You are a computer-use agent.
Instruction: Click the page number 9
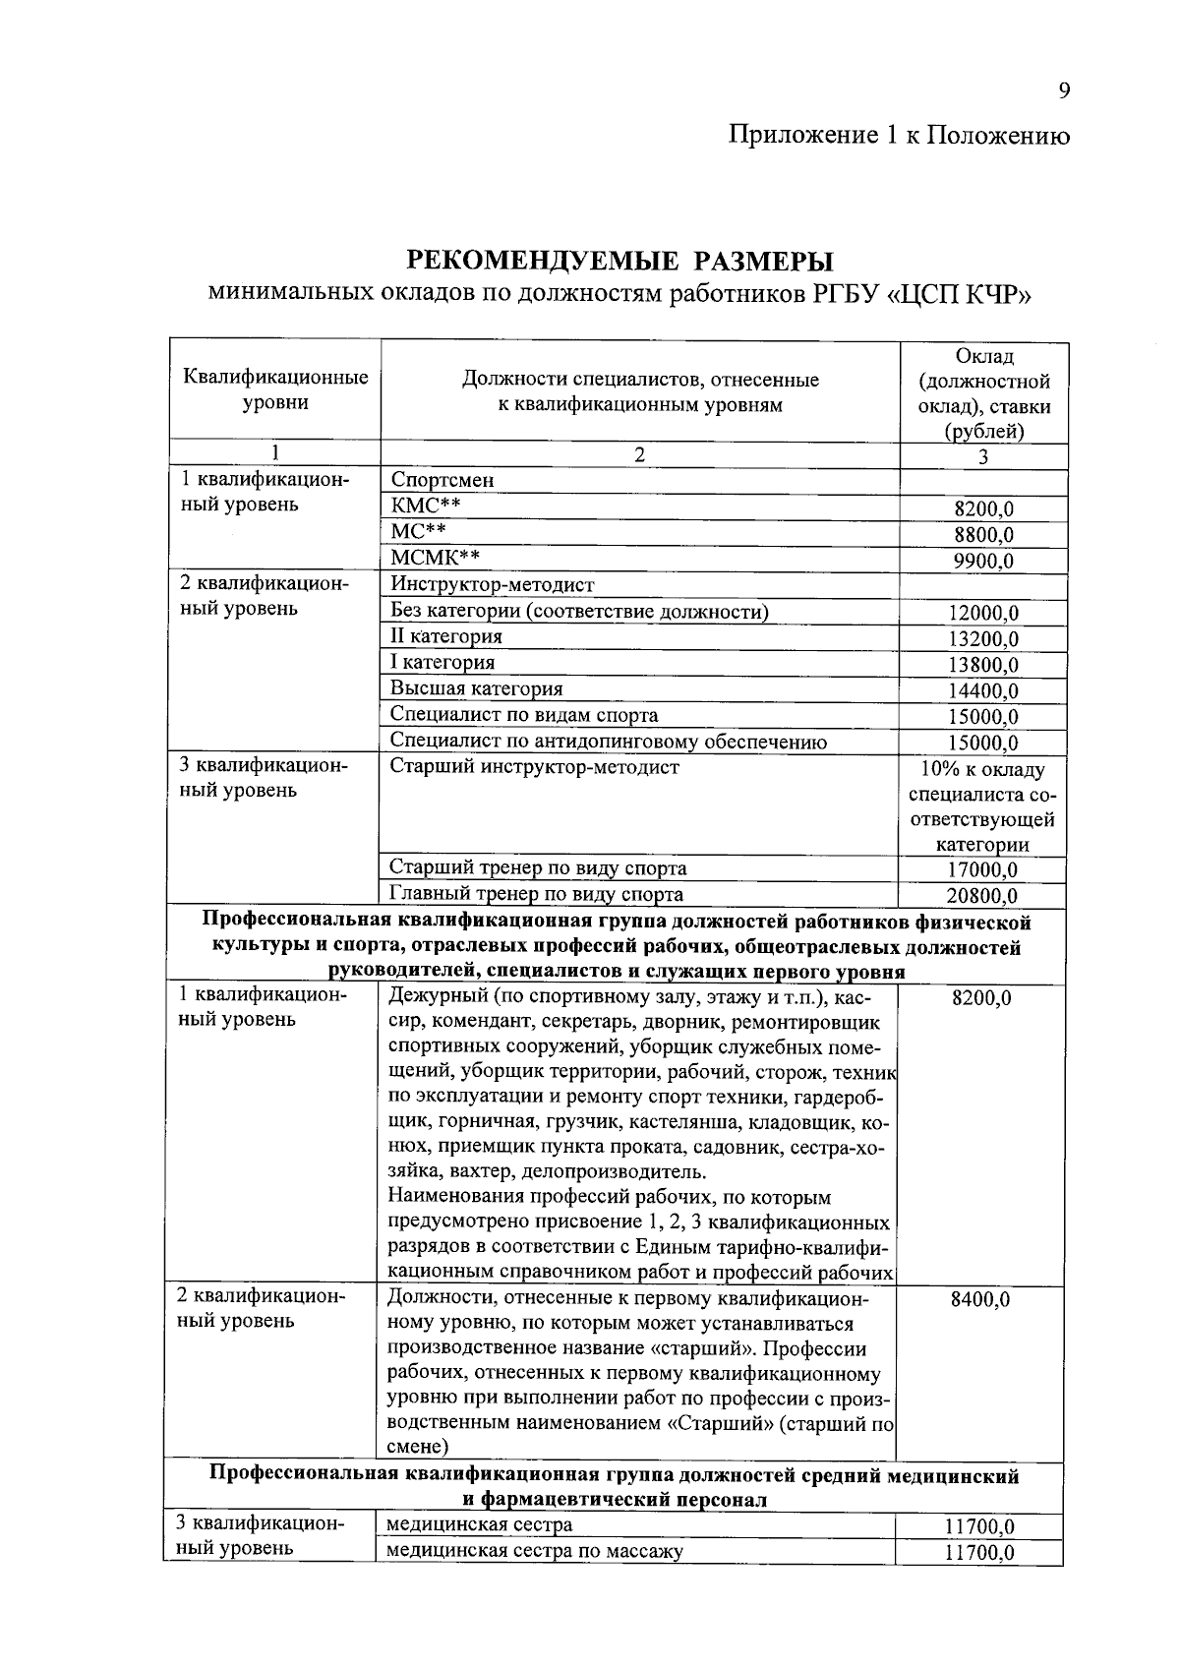click(1064, 91)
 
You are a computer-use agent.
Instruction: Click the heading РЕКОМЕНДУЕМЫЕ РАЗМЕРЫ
click(619, 262)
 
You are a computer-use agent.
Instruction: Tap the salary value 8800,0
click(983, 535)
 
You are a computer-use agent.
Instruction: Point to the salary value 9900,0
click(983, 562)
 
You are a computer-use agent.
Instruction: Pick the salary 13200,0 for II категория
click(983, 639)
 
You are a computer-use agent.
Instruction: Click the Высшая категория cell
click(476, 688)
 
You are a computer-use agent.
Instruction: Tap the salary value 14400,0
click(983, 691)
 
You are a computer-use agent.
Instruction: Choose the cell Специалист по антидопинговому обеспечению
click(608, 742)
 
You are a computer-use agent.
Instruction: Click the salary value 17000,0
click(983, 870)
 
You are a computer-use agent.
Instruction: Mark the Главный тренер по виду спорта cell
click(536, 894)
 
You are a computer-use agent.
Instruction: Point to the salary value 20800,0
click(983, 896)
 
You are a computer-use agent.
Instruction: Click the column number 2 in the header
click(639, 455)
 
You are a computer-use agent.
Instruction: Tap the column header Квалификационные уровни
click(275, 389)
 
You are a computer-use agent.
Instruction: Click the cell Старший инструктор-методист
click(534, 767)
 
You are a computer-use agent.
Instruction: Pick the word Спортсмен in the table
click(442, 481)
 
